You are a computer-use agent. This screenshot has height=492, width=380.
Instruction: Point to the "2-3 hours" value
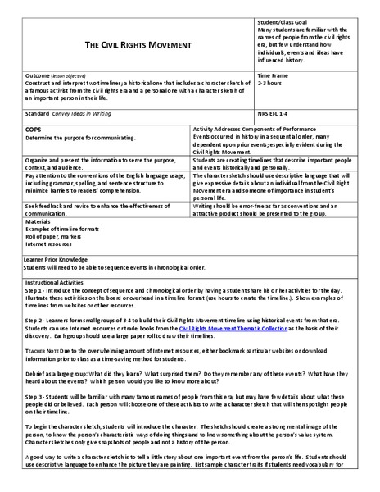tap(270, 83)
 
